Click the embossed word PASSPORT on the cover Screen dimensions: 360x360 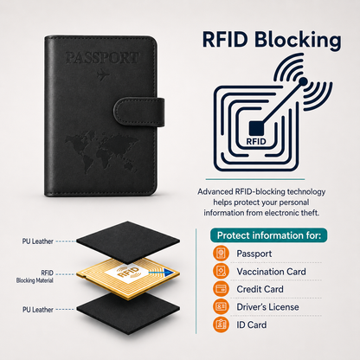pos(102,58)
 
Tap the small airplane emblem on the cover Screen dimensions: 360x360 pos(103,75)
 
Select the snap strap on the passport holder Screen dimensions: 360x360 pos(139,112)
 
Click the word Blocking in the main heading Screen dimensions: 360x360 pos(298,40)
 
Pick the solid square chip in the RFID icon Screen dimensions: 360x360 pos(257,128)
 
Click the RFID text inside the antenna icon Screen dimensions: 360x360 pos(256,142)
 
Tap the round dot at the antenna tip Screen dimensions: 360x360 pos(303,81)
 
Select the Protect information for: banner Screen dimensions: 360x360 pos(269,235)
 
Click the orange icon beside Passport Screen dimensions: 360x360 pos(221,254)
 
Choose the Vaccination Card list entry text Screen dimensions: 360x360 pos(271,272)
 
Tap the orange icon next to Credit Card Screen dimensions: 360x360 pos(221,289)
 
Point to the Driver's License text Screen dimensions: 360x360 pos(267,307)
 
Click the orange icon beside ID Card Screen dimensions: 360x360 pos(221,325)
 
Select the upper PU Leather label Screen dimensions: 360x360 pos(38,241)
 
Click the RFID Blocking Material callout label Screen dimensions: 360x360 pos(35,277)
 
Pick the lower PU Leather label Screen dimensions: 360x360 pos(38,310)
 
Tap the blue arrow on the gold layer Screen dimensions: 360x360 pos(161,272)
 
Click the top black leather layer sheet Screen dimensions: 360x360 pos(128,242)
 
